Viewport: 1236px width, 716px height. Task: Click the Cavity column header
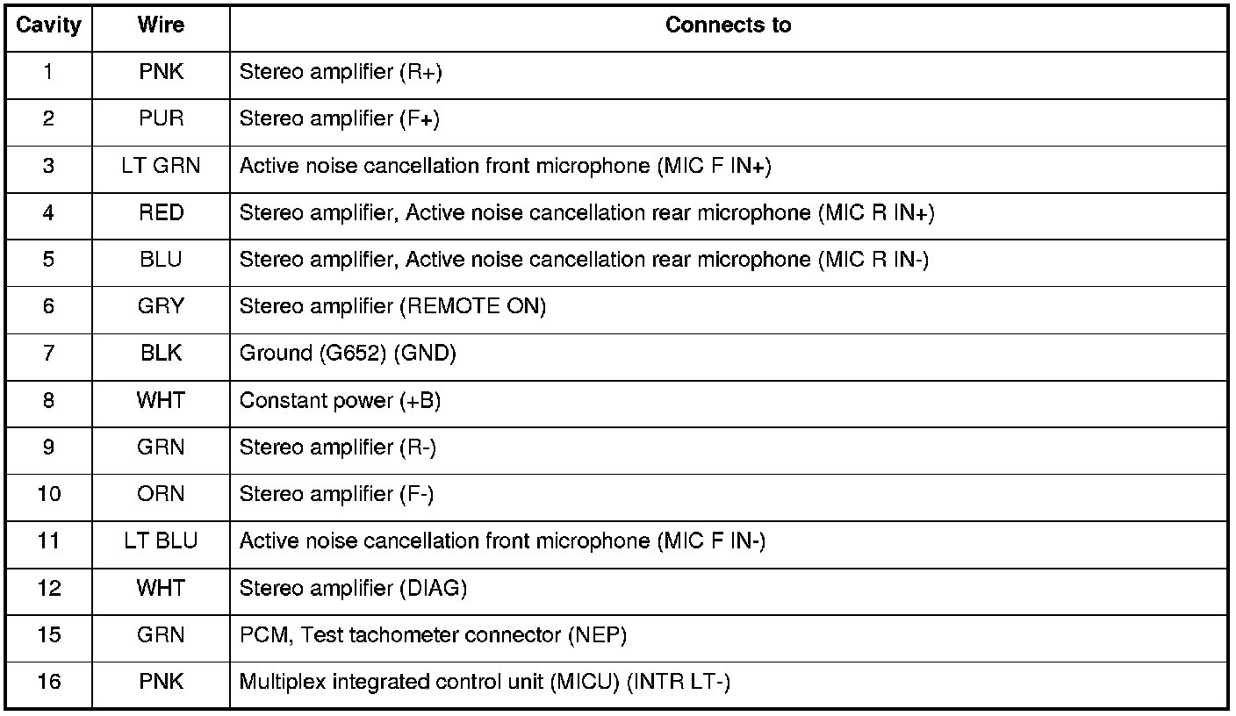click(48, 25)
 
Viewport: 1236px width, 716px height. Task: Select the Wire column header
click(161, 25)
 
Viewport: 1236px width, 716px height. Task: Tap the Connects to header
click(728, 25)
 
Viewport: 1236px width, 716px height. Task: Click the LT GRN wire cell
click(161, 166)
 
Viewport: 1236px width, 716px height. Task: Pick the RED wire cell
click(161, 213)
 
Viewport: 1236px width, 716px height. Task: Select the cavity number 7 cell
click(48, 354)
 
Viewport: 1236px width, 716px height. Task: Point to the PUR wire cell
click(161, 118)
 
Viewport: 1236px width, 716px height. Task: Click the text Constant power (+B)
click(340, 401)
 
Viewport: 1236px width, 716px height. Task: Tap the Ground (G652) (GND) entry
click(348, 354)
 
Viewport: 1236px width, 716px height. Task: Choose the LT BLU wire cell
click(161, 541)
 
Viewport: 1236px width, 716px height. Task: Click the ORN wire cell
click(161, 494)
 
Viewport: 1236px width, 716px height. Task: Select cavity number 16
click(49, 682)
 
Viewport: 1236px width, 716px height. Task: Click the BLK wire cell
click(161, 354)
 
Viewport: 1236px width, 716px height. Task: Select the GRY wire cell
click(161, 307)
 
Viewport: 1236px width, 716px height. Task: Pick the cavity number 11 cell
click(49, 541)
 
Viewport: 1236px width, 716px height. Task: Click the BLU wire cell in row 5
click(161, 260)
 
